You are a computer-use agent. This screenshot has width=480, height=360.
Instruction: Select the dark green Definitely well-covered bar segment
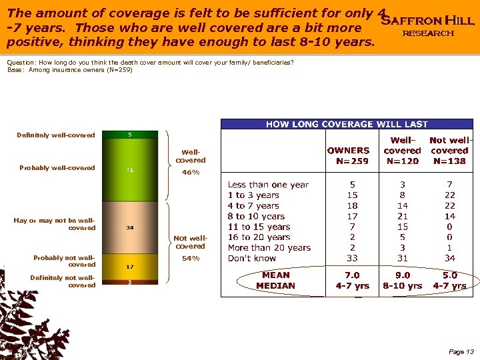coord(129,135)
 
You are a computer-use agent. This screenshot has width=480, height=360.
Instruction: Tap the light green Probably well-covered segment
coord(129,169)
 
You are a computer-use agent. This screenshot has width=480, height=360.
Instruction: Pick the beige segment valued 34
coord(129,227)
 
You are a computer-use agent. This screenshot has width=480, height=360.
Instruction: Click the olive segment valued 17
coord(129,266)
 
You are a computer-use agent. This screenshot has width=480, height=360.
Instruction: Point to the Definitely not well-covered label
coord(63,281)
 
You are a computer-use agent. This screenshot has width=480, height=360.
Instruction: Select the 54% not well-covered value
coord(190,258)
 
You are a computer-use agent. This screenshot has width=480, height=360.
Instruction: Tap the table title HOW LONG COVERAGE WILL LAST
coord(347,124)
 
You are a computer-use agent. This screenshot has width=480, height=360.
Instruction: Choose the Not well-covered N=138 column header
coord(449,150)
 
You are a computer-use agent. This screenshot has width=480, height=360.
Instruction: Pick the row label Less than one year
coord(268,185)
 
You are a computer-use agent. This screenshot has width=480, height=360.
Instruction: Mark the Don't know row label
coord(252,258)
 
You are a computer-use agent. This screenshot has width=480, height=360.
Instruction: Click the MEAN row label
coord(275,275)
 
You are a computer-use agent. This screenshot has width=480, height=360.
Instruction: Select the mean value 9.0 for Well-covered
coord(403,275)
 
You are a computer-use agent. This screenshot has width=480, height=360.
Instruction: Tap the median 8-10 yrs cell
coord(403,286)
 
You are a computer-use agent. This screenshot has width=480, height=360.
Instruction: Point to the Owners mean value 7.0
coord(352,275)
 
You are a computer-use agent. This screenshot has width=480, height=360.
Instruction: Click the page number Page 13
coord(461,351)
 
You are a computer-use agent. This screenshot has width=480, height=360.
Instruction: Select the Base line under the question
coord(70,69)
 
